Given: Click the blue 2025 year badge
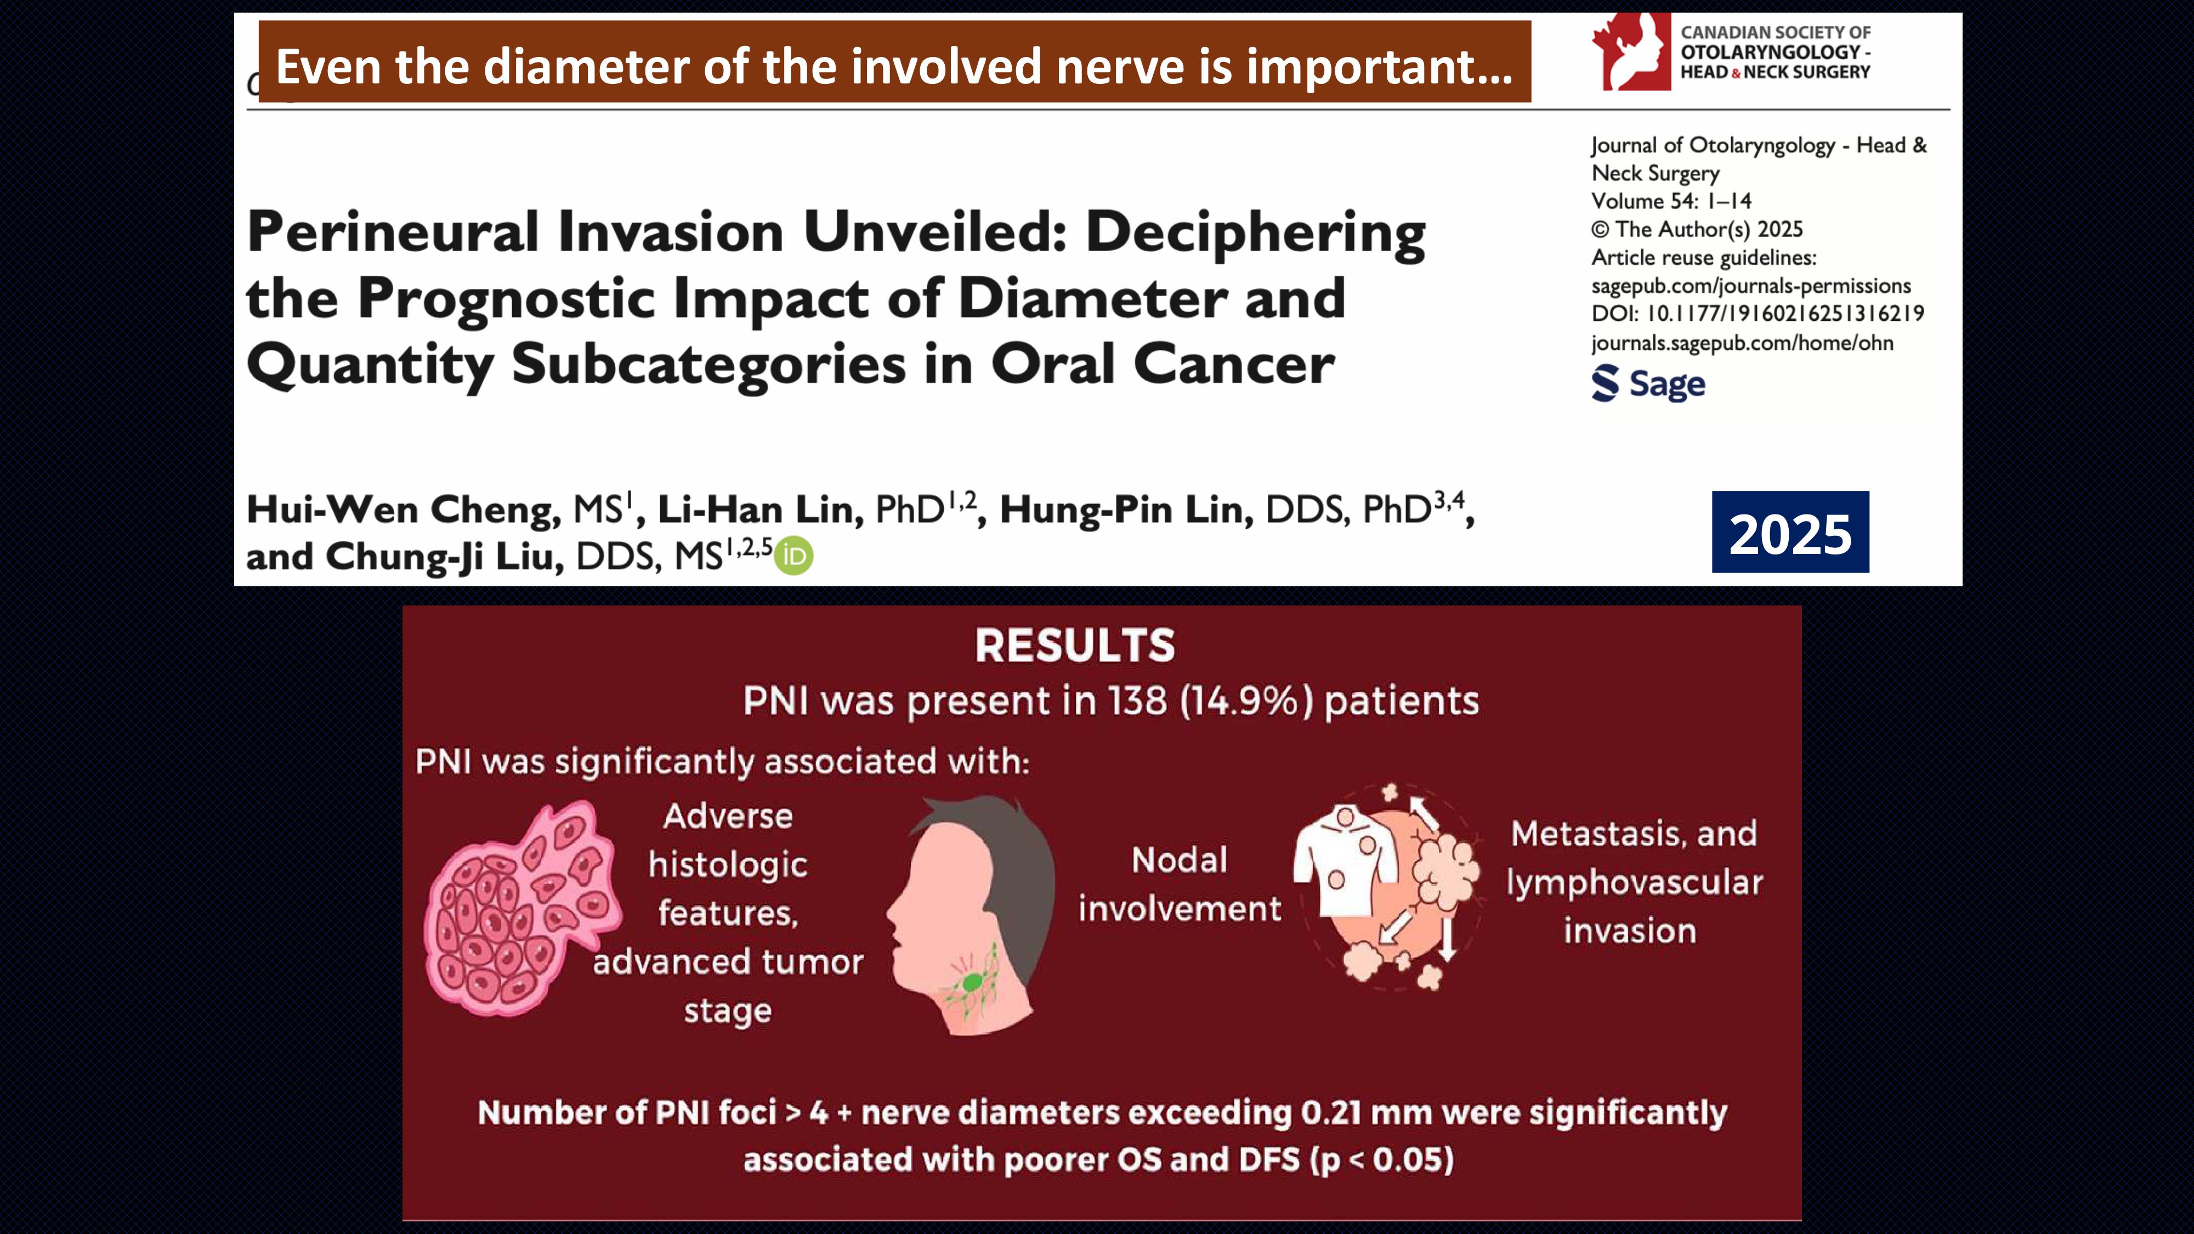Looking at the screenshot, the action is (1790, 532).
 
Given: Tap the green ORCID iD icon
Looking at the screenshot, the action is (795, 556).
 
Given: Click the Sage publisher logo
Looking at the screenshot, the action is (1648, 383).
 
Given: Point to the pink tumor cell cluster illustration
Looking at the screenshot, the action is (521, 908).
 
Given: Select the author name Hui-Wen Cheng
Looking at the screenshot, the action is (404, 510).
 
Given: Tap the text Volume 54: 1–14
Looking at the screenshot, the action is (1671, 201).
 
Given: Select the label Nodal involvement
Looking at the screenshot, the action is (1180, 885).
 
